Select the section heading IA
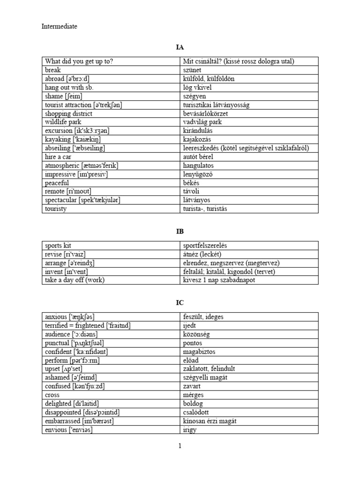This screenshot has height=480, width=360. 180,47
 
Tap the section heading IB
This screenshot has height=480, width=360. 180,232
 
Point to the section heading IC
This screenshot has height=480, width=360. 180,303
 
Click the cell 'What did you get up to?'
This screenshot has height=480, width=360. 79,61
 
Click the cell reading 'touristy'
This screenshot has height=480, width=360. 56,209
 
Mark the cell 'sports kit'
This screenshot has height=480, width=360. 60,246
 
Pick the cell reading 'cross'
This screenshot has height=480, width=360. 53,395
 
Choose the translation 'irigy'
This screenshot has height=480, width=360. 189,429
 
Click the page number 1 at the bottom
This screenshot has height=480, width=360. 180,446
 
